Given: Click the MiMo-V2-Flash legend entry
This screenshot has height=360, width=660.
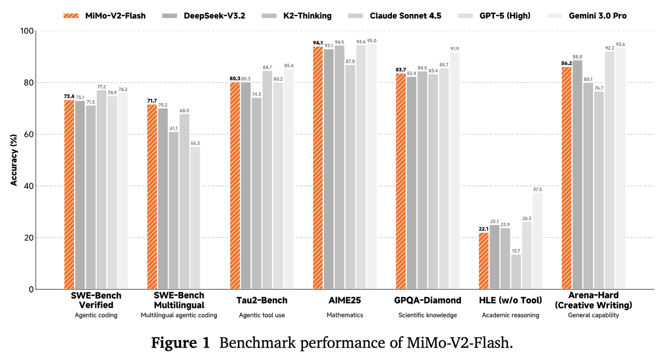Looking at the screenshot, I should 104,16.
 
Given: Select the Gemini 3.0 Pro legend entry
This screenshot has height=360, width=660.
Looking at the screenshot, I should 587,16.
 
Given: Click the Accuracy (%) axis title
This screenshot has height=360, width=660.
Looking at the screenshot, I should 14,160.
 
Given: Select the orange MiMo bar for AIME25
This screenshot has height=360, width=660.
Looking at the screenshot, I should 318,167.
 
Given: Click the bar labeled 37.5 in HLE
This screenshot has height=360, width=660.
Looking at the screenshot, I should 538,241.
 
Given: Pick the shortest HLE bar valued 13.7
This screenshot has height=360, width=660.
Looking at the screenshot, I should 516,271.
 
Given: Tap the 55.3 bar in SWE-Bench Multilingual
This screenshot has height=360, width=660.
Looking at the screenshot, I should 195,218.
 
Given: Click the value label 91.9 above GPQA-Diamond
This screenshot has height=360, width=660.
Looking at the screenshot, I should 455,49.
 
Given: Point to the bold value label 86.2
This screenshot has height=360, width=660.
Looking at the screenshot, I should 566,63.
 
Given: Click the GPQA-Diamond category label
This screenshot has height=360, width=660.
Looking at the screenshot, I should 427,301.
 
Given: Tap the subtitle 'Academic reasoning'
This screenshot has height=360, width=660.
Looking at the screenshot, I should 511,315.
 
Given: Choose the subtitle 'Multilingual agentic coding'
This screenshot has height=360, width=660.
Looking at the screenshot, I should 179,315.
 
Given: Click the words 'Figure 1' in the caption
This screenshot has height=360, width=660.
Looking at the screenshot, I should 181,343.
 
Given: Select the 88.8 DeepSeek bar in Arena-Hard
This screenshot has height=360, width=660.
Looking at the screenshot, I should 577,175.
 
